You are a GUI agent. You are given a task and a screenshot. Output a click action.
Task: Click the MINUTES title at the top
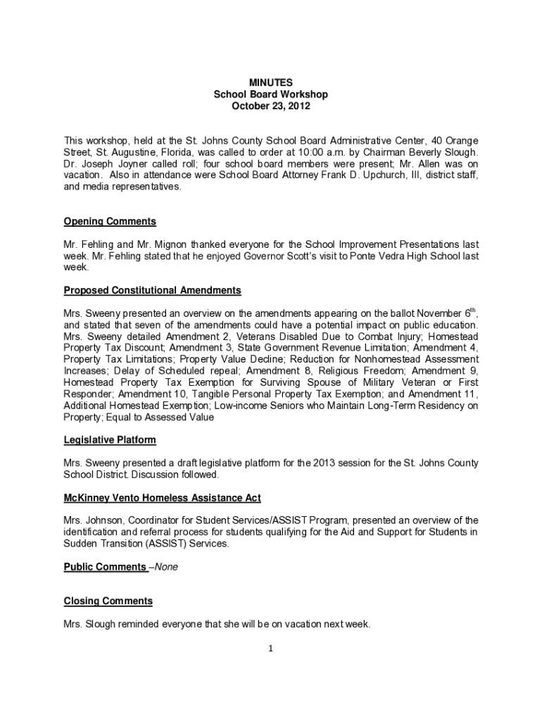(x=271, y=82)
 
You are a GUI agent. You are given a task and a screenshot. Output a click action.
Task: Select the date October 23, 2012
(x=271, y=106)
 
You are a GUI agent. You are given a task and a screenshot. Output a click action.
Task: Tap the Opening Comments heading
(x=110, y=222)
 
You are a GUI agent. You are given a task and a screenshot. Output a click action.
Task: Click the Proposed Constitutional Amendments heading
(x=153, y=290)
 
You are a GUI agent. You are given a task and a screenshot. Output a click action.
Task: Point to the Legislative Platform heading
(x=110, y=440)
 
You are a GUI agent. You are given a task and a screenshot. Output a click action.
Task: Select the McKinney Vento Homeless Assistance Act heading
(x=163, y=498)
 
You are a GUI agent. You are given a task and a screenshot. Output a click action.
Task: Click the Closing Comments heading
(x=108, y=601)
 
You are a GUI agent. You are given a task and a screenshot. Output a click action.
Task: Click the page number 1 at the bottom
(x=272, y=648)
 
